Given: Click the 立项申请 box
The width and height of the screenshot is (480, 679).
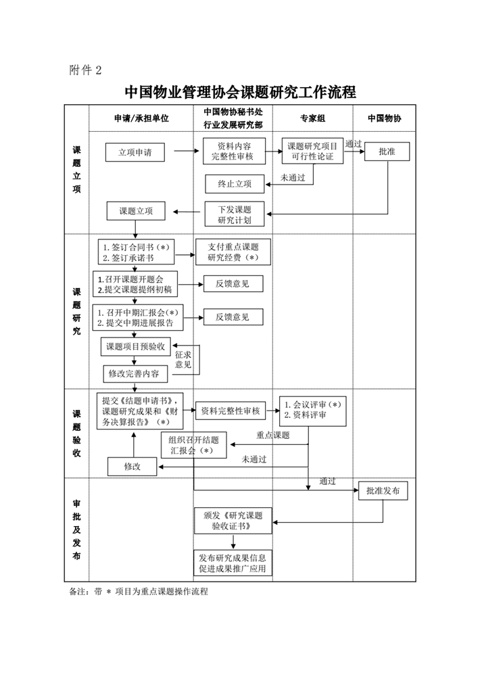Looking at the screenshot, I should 135,152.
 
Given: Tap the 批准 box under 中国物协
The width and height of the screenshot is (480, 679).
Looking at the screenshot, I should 387,152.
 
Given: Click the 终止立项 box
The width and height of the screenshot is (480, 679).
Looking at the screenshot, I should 235,183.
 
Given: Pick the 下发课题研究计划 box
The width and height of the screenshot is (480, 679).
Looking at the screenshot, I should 235,215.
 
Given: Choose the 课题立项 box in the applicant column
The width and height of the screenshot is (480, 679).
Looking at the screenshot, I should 136,211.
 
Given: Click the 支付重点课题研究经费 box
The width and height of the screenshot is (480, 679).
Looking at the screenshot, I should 233,252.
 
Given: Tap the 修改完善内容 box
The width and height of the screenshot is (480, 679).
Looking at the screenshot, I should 134,373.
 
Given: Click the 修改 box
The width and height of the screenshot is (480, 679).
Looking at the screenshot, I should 132,467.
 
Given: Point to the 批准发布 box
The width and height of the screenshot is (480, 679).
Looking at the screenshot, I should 383,491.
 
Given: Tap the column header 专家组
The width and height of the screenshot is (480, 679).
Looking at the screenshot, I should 313,118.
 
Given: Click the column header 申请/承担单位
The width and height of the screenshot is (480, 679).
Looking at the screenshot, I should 141,118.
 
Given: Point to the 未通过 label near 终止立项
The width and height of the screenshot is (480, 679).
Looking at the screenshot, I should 293,178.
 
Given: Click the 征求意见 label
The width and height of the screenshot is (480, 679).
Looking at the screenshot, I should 183,359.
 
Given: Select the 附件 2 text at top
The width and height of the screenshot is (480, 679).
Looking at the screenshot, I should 85,70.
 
